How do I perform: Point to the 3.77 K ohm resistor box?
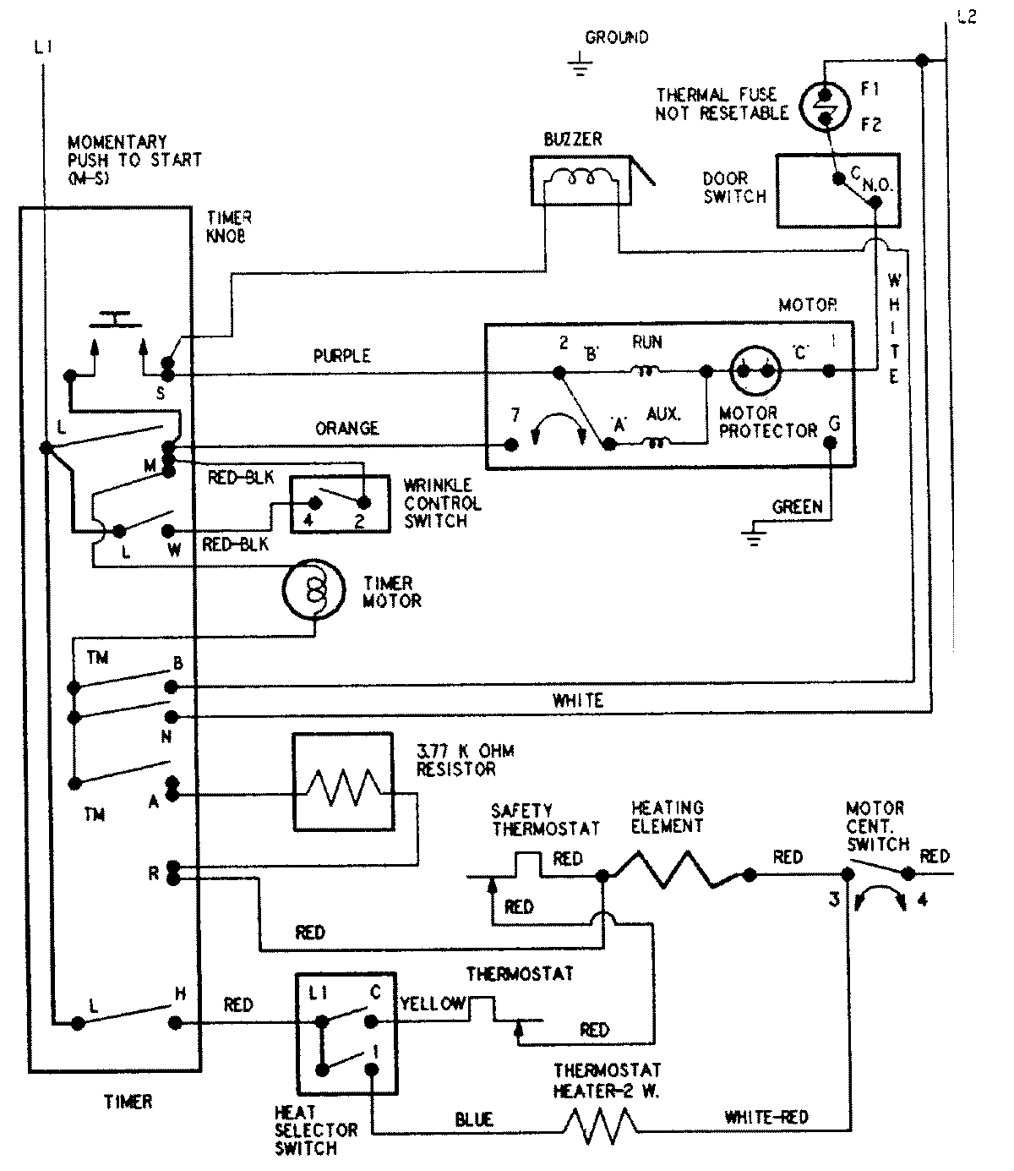tap(343, 783)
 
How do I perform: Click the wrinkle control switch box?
tap(340, 505)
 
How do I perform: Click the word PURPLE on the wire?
tap(342, 356)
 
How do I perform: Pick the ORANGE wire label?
tap(346, 429)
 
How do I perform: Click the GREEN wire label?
tap(797, 506)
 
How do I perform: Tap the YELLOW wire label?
tap(432, 1004)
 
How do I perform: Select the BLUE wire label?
tap(473, 1119)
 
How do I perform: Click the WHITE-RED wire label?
tap(766, 1118)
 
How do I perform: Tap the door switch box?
tap(837, 190)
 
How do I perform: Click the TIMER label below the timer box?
tap(128, 1102)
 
